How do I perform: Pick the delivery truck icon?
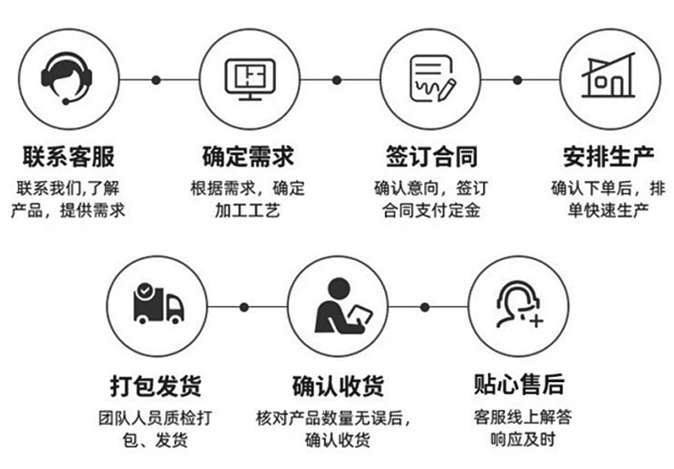(159, 305)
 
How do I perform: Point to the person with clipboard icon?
(339, 305)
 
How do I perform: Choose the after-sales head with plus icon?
(519, 305)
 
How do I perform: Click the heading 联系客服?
(68, 158)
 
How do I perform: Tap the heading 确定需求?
(248, 158)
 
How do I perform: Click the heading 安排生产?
(608, 158)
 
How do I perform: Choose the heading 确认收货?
(338, 385)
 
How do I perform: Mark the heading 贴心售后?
(519, 385)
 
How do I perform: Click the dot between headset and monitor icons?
(156, 80)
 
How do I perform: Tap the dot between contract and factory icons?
(517, 80)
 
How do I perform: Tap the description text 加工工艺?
(248, 210)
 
